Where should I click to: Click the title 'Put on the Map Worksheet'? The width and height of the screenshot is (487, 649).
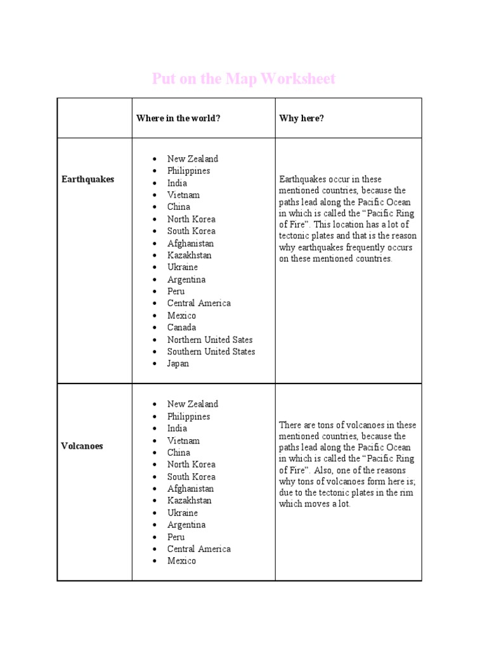tap(243, 79)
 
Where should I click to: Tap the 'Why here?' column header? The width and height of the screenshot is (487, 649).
tap(301, 119)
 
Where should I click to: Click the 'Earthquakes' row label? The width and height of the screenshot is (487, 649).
tap(88, 179)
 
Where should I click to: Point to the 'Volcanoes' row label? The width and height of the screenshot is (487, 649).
tap(82, 446)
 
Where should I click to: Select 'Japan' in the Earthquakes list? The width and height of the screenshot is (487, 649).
tap(178, 364)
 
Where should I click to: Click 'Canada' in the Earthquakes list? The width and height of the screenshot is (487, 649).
tap(181, 328)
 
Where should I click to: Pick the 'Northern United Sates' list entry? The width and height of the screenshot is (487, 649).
tap(210, 340)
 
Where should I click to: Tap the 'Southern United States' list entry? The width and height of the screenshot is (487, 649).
tap(211, 352)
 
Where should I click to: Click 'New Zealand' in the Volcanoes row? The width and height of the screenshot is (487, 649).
tap(192, 404)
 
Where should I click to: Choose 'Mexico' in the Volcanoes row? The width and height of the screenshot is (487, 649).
tap(181, 561)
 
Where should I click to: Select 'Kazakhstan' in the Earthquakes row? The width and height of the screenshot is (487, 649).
tap(190, 255)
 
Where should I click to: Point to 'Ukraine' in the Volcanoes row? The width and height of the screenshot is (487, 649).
tap(183, 513)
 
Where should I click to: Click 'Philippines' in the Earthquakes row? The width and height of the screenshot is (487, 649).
tap(188, 170)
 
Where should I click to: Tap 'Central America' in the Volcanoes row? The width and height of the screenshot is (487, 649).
tap(199, 549)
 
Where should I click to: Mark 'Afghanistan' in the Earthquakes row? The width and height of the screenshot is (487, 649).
tap(190, 243)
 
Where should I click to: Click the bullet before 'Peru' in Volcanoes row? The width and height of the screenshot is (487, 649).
tap(155, 537)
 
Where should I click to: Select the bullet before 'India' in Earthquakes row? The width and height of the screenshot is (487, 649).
tap(155, 183)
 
